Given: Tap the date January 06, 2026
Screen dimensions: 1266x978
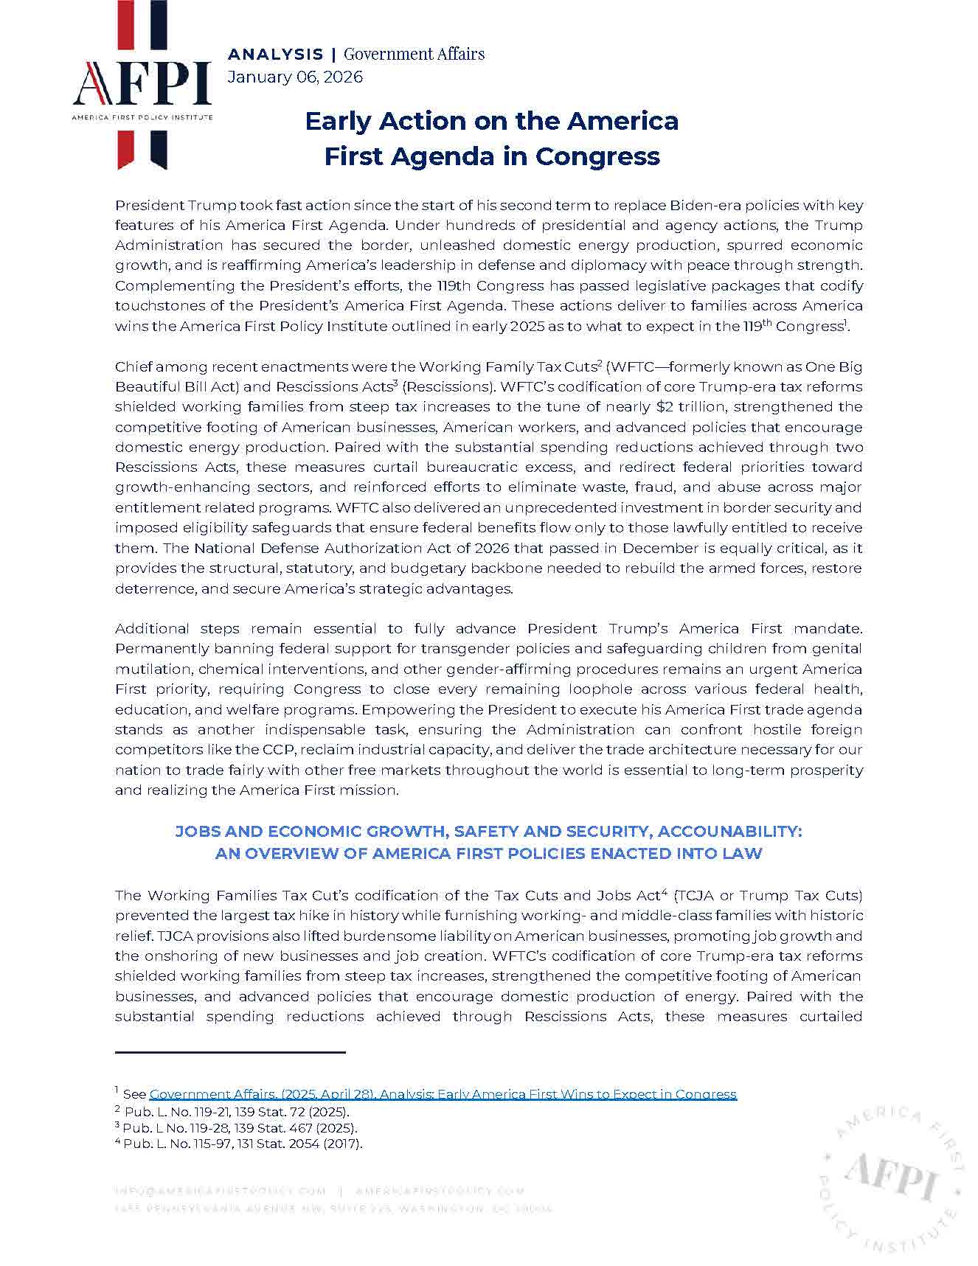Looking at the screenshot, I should pos(295,77).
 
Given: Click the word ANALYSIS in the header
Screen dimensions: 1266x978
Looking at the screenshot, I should pos(275,54).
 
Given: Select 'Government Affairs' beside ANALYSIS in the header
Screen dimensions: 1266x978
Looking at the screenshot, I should pos(414,54).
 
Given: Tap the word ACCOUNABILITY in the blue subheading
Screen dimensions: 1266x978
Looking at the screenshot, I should pos(729,832).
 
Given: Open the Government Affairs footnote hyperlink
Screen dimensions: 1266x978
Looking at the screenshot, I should pos(443,1094).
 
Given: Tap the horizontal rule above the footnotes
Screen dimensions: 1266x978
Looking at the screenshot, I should pos(230,1051).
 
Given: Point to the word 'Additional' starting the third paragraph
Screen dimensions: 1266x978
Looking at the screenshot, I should pos(152,629).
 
